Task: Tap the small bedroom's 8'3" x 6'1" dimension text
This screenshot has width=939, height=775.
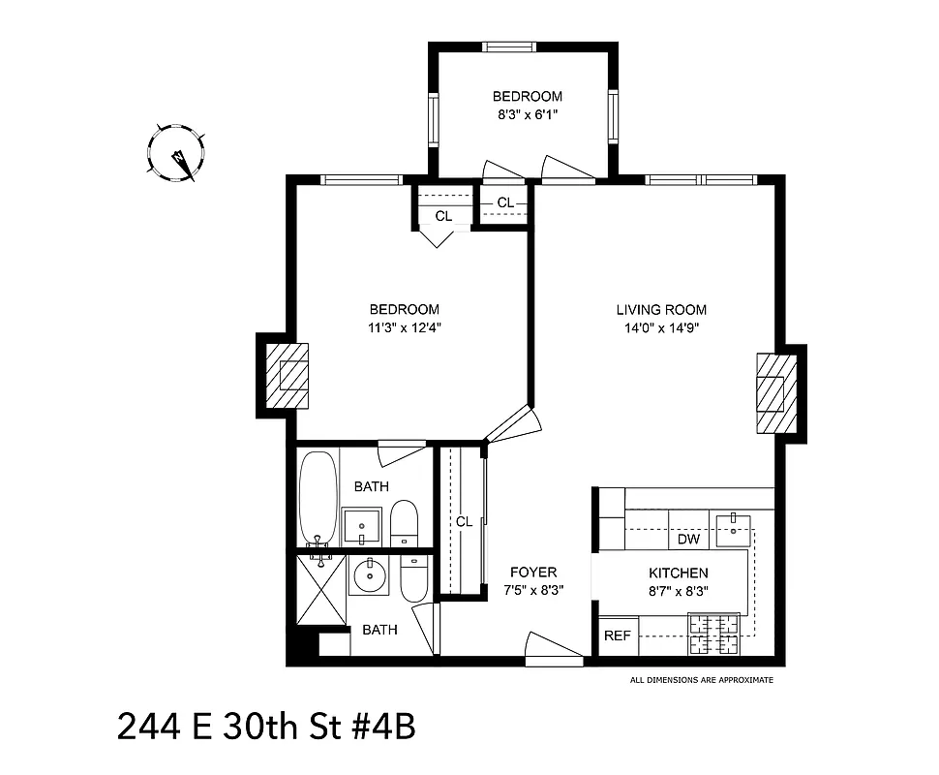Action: pos(528,114)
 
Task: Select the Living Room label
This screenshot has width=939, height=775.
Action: pos(661,310)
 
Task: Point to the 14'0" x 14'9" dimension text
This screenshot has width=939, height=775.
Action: pos(661,327)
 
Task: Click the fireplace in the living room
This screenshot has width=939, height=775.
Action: pos(775,392)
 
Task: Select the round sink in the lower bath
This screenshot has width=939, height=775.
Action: pos(368,576)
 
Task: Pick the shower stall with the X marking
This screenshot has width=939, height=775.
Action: pos(321,589)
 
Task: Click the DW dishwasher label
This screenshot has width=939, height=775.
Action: pos(688,539)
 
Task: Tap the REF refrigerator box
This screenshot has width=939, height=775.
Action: pos(617,635)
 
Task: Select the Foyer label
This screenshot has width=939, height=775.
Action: pos(533,573)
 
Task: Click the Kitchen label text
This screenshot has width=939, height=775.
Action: pos(678,573)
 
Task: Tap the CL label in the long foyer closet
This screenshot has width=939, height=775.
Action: pos(464,521)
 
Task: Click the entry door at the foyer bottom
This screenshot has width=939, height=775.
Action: pos(554,650)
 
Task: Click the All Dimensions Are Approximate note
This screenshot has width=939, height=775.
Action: pos(702,680)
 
